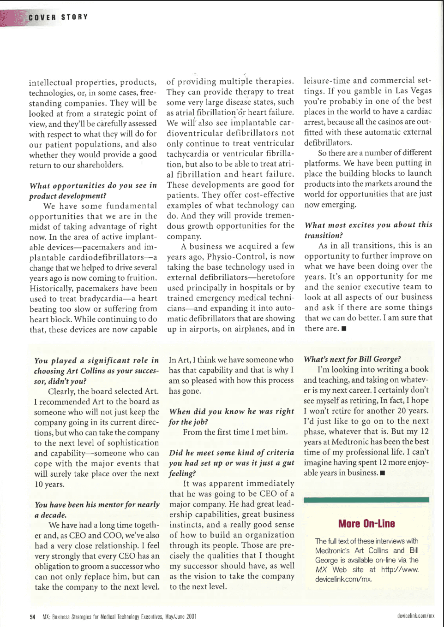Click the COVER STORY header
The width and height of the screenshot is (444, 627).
58,18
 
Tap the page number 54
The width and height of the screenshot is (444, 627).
32,616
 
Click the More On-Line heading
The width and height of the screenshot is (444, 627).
366,524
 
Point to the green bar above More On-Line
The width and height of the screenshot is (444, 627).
366,500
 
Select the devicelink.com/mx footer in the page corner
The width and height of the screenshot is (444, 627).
415,616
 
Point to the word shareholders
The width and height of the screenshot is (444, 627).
100,165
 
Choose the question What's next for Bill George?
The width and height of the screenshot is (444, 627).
352,359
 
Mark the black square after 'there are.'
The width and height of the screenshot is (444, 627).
344,329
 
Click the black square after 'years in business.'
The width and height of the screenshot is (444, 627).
382,473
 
